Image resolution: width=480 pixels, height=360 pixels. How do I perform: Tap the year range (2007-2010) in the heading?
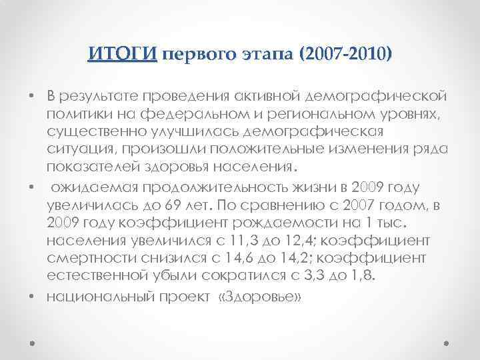(347, 53)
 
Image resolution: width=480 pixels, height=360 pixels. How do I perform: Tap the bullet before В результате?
(32, 95)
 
